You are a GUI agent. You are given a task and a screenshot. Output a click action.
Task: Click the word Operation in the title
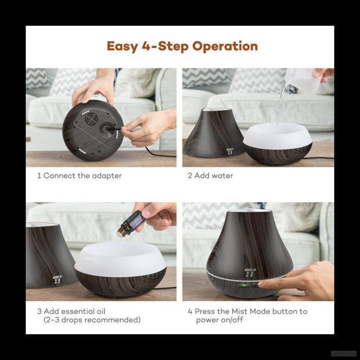pos(225,46)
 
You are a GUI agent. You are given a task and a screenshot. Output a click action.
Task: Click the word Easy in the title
pos(123,47)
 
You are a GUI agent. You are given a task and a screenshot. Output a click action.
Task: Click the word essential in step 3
pos(74,312)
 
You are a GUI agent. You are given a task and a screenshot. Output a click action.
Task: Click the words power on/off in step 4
pos(219,320)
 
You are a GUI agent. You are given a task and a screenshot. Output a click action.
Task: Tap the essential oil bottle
pos(131,224)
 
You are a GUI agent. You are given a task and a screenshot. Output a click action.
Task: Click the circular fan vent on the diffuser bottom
pos(91,118)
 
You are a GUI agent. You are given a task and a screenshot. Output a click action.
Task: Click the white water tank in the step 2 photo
pos(278,136)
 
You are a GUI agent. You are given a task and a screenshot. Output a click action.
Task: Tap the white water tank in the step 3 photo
pos(121,259)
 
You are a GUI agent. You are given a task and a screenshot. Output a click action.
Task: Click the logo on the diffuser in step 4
pos(250,273)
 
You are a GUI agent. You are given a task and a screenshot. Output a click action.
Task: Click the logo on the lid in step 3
pos(57,280)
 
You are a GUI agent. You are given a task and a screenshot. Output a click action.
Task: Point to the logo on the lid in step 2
pos(230,151)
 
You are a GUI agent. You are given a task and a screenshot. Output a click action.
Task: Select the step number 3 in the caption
pos(40,312)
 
